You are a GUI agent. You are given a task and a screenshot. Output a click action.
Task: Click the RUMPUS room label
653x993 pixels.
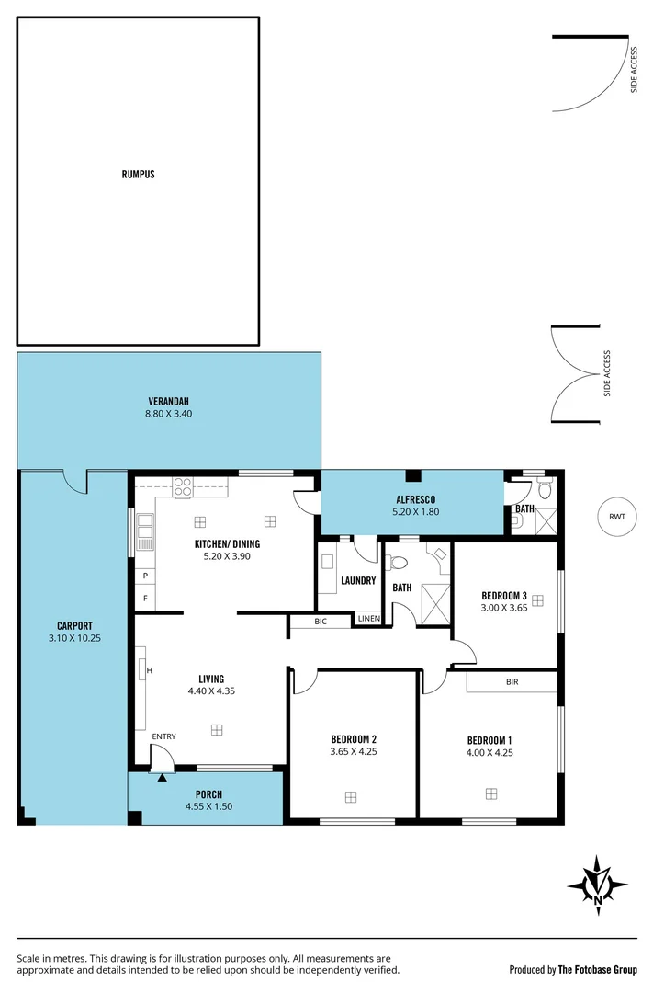[138, 174]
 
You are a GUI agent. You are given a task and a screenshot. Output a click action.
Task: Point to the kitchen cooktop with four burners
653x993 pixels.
[183, 486]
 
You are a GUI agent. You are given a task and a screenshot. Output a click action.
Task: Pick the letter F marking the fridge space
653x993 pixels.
[144, 599]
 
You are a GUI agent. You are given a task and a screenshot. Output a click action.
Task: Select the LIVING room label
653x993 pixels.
[211, 679]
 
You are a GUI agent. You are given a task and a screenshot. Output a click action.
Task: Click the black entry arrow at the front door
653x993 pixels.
[162, 778]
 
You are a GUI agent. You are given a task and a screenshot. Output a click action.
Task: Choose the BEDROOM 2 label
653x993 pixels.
[354, 739]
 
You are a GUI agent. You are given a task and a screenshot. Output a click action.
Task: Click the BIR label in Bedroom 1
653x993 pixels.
[512, 682]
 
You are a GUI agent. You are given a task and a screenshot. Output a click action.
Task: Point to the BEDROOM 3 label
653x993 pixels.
[504, 595]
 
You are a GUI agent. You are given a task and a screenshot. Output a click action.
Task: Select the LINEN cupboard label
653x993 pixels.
[369, 619]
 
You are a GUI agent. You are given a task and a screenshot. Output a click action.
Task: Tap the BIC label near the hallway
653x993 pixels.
[320, 622]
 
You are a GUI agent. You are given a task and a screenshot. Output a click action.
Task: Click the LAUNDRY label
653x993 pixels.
[358, 580]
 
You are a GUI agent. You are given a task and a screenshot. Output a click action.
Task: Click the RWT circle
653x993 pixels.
[616, 516]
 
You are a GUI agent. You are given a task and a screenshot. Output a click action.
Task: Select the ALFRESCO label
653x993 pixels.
[412, 498]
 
